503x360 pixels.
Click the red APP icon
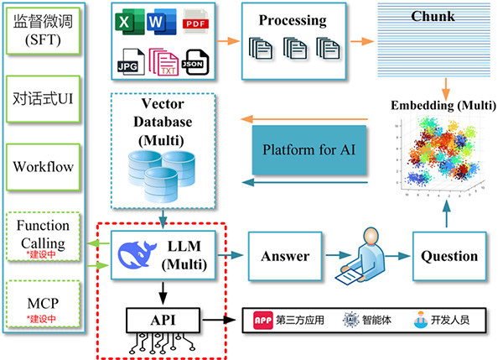tap(263, 320)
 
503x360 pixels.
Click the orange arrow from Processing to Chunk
tap(361, 39)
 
